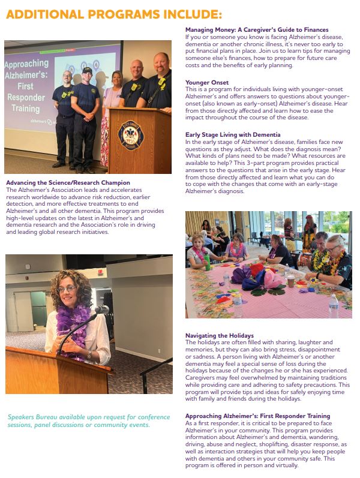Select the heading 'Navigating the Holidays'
pos(220,335)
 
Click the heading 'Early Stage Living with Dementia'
pos(233,135)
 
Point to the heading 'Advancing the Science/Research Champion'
pos(68,183)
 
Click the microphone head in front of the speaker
pos(102,310)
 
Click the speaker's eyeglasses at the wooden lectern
pos(67,288)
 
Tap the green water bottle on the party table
pos(208,262)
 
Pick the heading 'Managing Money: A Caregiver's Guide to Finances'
pos(257,30)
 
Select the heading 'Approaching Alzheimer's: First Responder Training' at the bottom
pos(258,416)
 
